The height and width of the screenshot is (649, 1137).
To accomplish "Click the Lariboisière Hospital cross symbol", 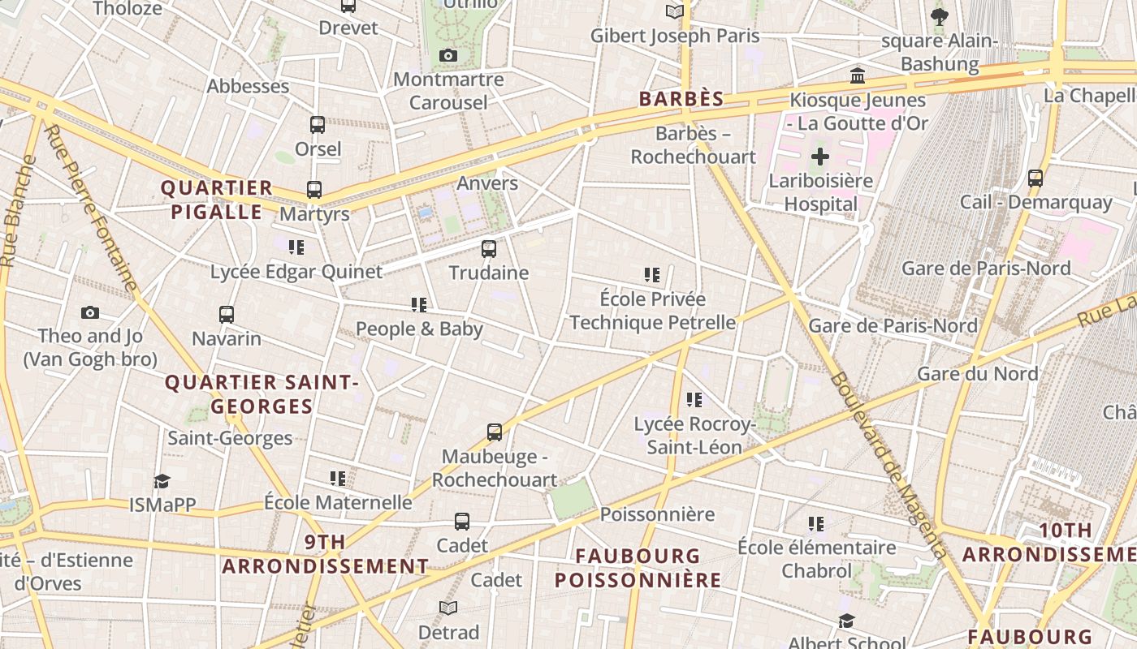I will [x=820, y=157].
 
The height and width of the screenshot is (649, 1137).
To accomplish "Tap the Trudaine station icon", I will [x=489, y=249].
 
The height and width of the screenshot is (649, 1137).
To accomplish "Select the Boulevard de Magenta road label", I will [x=889, y=466].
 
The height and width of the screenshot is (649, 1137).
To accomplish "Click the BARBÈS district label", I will [x=681, y=99].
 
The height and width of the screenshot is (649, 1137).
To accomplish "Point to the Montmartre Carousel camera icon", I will [x=447, y=55].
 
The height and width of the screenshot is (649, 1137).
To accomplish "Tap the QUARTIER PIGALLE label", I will [x=216, y=200].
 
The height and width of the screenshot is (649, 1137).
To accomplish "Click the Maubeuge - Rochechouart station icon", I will [x=495, y=432].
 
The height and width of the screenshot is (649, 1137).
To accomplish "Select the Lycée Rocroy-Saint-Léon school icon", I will [x=694, y=400].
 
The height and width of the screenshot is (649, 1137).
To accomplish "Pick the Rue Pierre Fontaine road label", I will [x=91, y=208].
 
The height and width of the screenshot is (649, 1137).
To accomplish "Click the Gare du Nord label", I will [x=977, y=373].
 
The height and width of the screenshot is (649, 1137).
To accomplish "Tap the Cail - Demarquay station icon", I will [x=1035, y=178].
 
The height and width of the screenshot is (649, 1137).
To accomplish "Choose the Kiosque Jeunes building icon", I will [x=857, y=76].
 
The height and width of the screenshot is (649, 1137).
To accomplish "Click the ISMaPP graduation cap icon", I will [x=162, y=481].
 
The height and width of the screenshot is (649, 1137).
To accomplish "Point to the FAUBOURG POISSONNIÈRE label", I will [x=638, y=568].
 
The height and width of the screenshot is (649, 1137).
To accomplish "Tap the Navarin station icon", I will [x=227, y=314].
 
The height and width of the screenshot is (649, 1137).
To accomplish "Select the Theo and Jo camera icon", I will [x=90, y=312].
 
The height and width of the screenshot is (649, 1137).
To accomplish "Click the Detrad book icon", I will [x=448, y=608].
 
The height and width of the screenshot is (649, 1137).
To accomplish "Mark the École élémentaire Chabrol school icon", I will [x=816, y=524].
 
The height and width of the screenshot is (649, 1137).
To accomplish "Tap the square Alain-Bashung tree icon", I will [x=940, y=16].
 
